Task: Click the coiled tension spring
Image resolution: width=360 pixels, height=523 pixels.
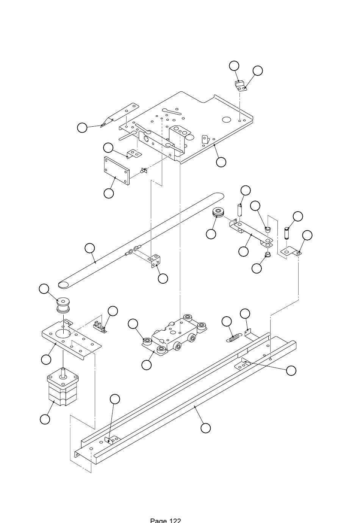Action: [x=233, y=338]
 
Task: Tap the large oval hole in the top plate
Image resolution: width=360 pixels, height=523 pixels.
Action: [x=226, y=119]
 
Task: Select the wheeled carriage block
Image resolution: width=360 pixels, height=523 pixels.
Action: [x=175, y=335]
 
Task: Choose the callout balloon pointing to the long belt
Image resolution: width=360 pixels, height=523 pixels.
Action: [x=90, y=248]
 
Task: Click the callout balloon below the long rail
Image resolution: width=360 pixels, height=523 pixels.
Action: [x=205, y=428]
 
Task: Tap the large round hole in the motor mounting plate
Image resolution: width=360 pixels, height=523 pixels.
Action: [x=63, y=333]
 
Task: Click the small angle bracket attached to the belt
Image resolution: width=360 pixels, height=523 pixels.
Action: [x=155, y=261]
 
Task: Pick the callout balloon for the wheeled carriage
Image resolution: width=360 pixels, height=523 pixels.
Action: [x=146, y=365]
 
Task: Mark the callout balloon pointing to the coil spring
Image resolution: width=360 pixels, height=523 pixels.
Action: [x=226, y=322]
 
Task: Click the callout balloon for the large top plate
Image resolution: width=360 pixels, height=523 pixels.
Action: [x=221, y=162]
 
